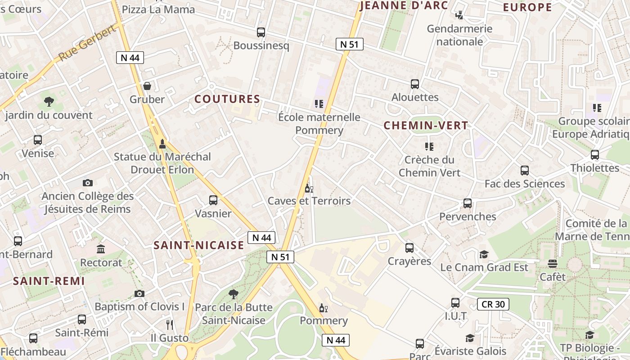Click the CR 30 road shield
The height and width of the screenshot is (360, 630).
[493, 304]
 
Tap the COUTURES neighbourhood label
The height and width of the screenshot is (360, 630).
[227, 99]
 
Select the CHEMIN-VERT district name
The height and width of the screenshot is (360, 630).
[426, 126]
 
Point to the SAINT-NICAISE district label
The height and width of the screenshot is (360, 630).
[198, 245]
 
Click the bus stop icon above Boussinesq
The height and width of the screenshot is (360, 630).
[261, 32]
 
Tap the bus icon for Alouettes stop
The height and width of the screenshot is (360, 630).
[415, 84]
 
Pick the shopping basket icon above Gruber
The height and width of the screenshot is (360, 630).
[147, 86]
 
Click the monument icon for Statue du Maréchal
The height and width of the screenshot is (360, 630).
[162, 144]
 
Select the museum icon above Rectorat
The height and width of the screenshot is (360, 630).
[101, 249]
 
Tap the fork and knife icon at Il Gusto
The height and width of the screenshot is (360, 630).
[170, 324]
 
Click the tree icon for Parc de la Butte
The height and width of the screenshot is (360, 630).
[233, 294]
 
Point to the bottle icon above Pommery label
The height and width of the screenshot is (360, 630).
[323, 308]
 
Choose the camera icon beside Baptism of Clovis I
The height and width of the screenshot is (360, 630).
[139, 293]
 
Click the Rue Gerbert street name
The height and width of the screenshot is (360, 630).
[87, 43]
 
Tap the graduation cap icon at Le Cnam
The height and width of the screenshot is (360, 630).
[484, 254]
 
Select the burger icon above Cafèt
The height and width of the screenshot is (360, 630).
[553, 264]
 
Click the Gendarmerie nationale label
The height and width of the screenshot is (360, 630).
[459, 35]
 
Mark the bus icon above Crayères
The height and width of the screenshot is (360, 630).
[409, 248]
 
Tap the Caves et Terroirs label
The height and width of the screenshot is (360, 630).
[309, 201]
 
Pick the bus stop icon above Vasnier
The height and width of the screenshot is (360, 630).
[213, 200]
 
